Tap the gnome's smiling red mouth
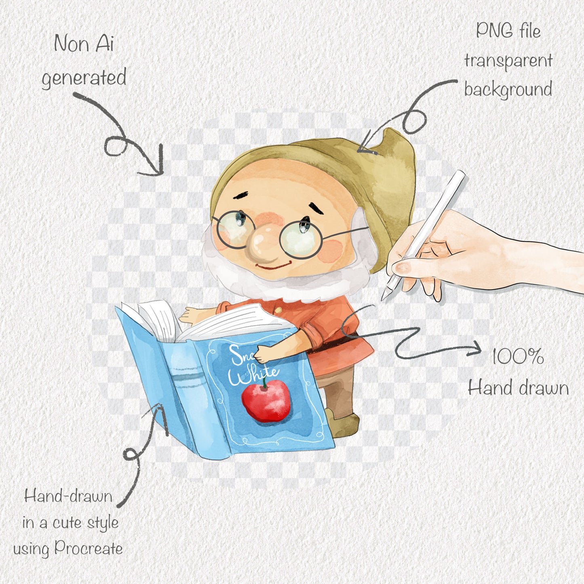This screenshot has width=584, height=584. tap(273, 266)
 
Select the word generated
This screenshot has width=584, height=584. tap(84, 78)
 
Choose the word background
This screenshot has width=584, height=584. tap(508, 90)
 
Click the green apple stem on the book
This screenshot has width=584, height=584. tap(265, 382)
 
